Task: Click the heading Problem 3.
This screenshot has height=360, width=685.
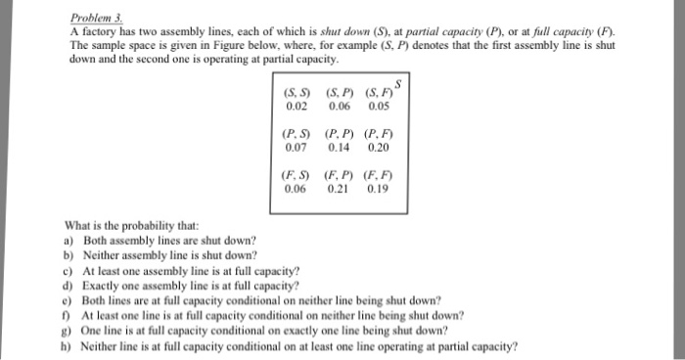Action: pyautogui.click(x=95, y=19)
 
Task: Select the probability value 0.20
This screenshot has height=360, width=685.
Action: pyautogui.click(x=377, y=148)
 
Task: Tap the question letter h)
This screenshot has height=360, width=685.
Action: pyautogui.click(x=68, y=345)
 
